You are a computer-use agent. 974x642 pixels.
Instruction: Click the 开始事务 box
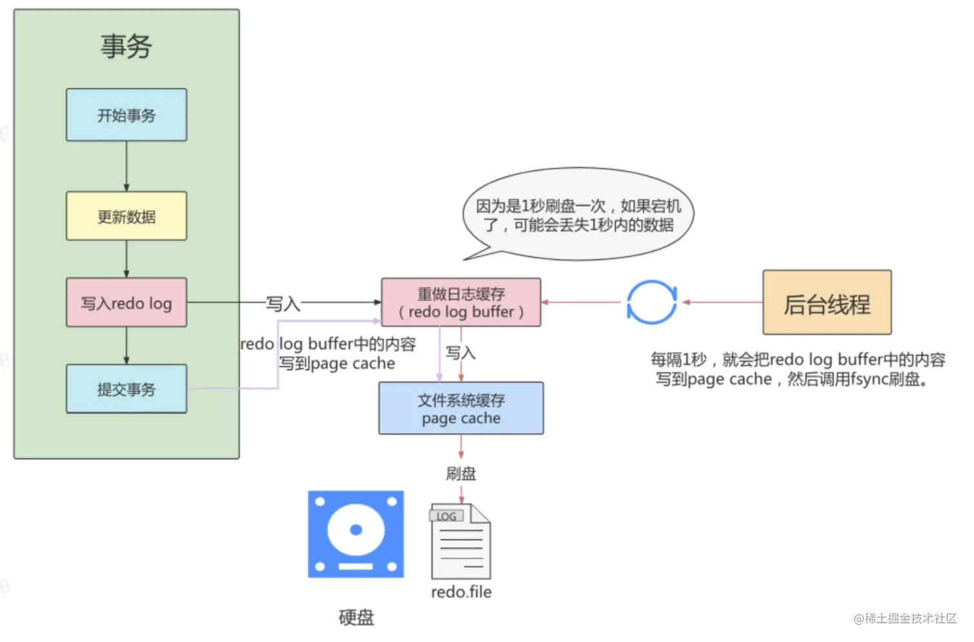[x=126, y=115]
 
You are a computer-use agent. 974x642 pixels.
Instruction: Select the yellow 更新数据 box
[x=126, y=216]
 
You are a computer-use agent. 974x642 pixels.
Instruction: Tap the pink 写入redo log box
[x=126, y=302]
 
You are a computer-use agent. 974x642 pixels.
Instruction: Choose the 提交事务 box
[x=126, y=389]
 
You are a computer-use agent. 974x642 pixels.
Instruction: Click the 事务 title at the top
[x=126, y=46]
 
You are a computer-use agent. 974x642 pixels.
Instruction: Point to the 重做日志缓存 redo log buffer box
[x=461, y=302]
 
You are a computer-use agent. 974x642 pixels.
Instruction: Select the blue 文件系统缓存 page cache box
[x=461, y=408]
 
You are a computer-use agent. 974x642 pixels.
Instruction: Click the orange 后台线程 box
[x=826, y=303]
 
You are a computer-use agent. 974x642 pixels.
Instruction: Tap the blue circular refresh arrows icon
[x=651, y=302]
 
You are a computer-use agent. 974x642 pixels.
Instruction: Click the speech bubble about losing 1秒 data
[x=578, y=215]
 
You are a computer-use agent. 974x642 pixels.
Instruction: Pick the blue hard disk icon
[x=356, y=534]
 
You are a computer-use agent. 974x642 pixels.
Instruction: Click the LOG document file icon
[x=461, y=541]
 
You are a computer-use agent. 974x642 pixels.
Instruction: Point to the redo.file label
[x=461, y=592]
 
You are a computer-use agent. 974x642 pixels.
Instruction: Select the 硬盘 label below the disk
[x=356, y=618]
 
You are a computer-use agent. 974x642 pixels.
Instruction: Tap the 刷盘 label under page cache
[x=461, y=474]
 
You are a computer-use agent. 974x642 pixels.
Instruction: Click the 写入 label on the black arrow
[x=283, y=303]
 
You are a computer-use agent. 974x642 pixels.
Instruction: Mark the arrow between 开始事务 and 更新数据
[x=126, y=166]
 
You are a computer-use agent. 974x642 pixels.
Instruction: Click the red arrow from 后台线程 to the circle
[x=722, y=302]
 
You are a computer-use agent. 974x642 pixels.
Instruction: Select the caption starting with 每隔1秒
[x=797, y=369]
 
